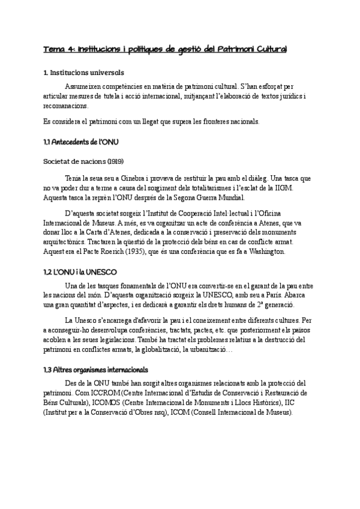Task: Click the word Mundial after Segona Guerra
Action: click(x=233, y=197)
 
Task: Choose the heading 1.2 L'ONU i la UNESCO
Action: click(x=80, y=272)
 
